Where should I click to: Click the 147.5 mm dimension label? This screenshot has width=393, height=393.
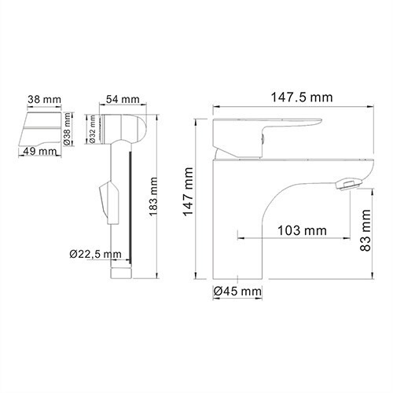coord(288,97)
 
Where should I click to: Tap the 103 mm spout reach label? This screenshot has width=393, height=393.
coord(302,230)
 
